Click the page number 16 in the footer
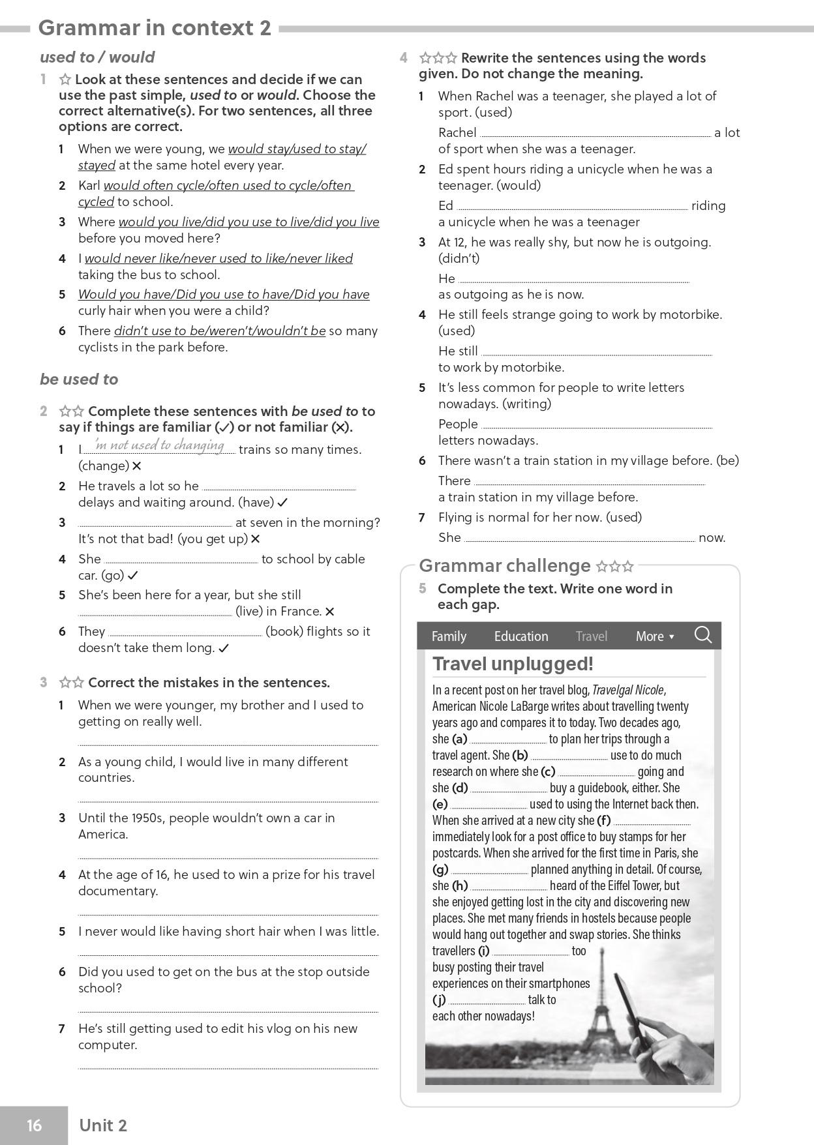34,1125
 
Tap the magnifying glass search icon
702,634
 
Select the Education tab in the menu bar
520,636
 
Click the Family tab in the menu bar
449,636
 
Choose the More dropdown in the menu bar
654,636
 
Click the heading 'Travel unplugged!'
513,664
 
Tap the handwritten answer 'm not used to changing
160,445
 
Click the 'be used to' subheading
79,379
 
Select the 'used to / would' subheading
97,57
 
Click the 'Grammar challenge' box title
504,565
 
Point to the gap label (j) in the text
439,1000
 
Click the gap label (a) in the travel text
460,739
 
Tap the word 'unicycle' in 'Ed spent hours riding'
599,170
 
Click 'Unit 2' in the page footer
103,1125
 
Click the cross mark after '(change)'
136,466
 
